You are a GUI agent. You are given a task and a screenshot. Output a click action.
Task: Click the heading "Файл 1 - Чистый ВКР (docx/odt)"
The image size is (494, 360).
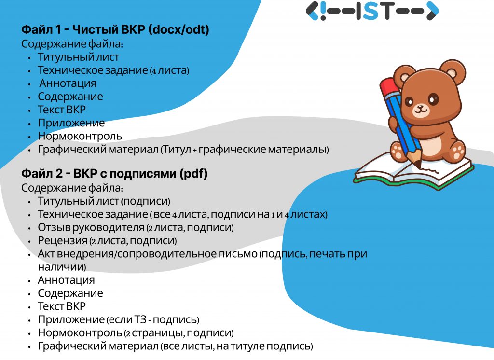(115, 29)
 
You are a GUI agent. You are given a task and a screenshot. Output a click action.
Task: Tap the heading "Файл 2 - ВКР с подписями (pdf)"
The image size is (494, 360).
(114, 173)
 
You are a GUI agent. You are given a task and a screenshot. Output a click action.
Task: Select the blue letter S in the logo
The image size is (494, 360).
(372, 11)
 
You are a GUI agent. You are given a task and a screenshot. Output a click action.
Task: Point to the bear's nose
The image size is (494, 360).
(421, 107)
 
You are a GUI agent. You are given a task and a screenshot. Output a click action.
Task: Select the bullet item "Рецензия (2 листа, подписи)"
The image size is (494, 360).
(107, 240)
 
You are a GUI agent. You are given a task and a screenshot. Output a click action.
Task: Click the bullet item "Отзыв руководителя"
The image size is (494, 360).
(91, 227)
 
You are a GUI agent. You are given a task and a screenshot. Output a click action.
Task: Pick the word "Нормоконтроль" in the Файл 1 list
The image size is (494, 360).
(80, 136)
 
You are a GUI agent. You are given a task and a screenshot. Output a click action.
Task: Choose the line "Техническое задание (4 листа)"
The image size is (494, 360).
(113, 70)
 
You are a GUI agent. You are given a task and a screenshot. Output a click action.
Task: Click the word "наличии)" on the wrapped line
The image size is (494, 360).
(62, 267)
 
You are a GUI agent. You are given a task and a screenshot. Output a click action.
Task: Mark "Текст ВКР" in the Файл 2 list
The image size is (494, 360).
(62, 306)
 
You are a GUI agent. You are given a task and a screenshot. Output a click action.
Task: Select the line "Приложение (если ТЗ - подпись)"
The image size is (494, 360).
(119, 319)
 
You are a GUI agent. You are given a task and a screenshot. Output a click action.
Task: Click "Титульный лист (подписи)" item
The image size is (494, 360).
(104, 201)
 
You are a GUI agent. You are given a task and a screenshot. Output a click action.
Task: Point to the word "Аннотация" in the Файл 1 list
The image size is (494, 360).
(68, 83)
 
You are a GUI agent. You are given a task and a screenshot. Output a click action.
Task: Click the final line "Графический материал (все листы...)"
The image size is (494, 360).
(176, 346)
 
